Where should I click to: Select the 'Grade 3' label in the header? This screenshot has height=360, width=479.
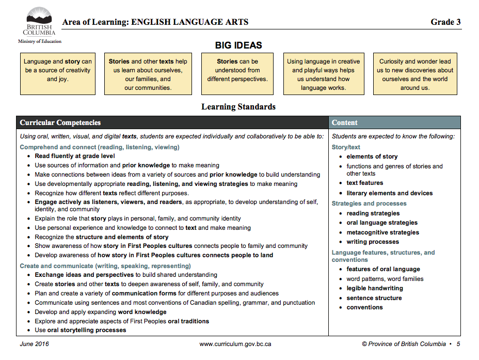445,22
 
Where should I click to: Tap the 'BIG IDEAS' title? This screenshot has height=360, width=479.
238,45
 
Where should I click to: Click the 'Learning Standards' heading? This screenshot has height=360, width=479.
238,107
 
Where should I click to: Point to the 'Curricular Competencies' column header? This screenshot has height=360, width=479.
60,123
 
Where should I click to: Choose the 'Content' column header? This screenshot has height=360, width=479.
345,123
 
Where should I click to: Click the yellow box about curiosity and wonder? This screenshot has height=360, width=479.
415,74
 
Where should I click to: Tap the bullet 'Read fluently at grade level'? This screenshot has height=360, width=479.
75,156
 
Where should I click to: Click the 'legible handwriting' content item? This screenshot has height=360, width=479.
375,288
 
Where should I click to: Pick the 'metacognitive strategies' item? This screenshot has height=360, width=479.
382,232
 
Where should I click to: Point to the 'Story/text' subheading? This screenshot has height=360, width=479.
346,147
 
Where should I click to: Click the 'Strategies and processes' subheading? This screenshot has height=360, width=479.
369,204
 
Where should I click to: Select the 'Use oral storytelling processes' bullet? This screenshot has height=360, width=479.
81,330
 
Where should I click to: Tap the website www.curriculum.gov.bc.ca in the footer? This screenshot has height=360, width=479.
235,344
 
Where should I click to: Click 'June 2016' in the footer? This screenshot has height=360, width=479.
34,344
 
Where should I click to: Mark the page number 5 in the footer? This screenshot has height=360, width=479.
458,344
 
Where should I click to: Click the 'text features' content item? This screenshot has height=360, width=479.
365,183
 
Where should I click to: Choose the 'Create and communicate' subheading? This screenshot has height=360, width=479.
105,266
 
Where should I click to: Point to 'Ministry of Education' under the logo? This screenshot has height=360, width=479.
39,41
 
